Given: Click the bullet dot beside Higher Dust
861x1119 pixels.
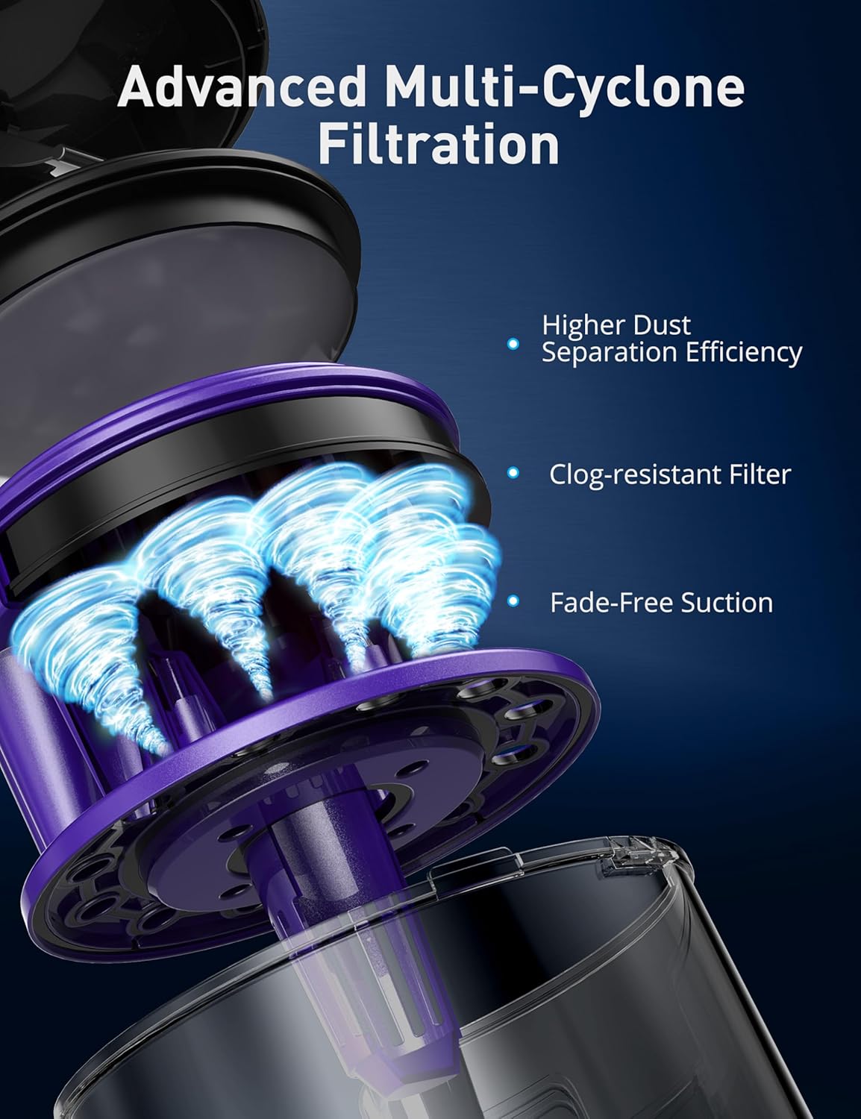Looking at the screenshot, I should tap(513, 344).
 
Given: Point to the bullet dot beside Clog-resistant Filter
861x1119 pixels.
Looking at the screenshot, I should tap(513, 473).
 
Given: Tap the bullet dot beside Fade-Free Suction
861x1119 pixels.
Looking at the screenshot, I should tap(513, 601).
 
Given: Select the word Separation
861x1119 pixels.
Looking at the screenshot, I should tap(592, 352).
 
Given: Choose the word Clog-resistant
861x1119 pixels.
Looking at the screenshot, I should tap(622, 474).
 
